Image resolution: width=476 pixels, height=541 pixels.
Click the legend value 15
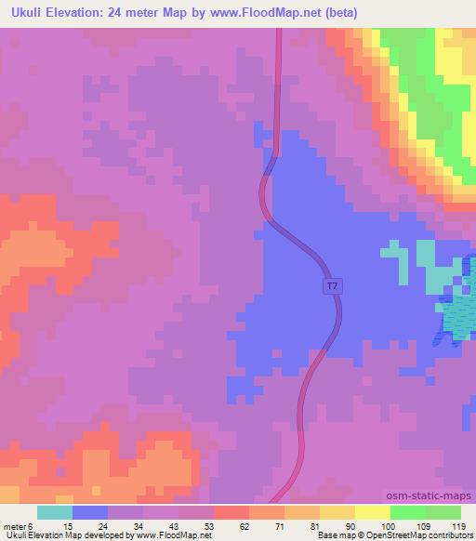coord(55,526)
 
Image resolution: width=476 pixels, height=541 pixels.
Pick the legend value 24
coord(90,526)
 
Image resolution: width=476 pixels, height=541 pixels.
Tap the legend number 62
coord(230,526)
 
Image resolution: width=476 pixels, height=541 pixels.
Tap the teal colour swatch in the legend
coord(55,512)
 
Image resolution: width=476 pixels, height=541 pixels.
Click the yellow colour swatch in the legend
coord(372,512)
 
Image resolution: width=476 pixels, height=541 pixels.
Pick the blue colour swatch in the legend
coord(90,512)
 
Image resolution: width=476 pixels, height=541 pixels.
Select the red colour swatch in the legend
coord(231,512)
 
